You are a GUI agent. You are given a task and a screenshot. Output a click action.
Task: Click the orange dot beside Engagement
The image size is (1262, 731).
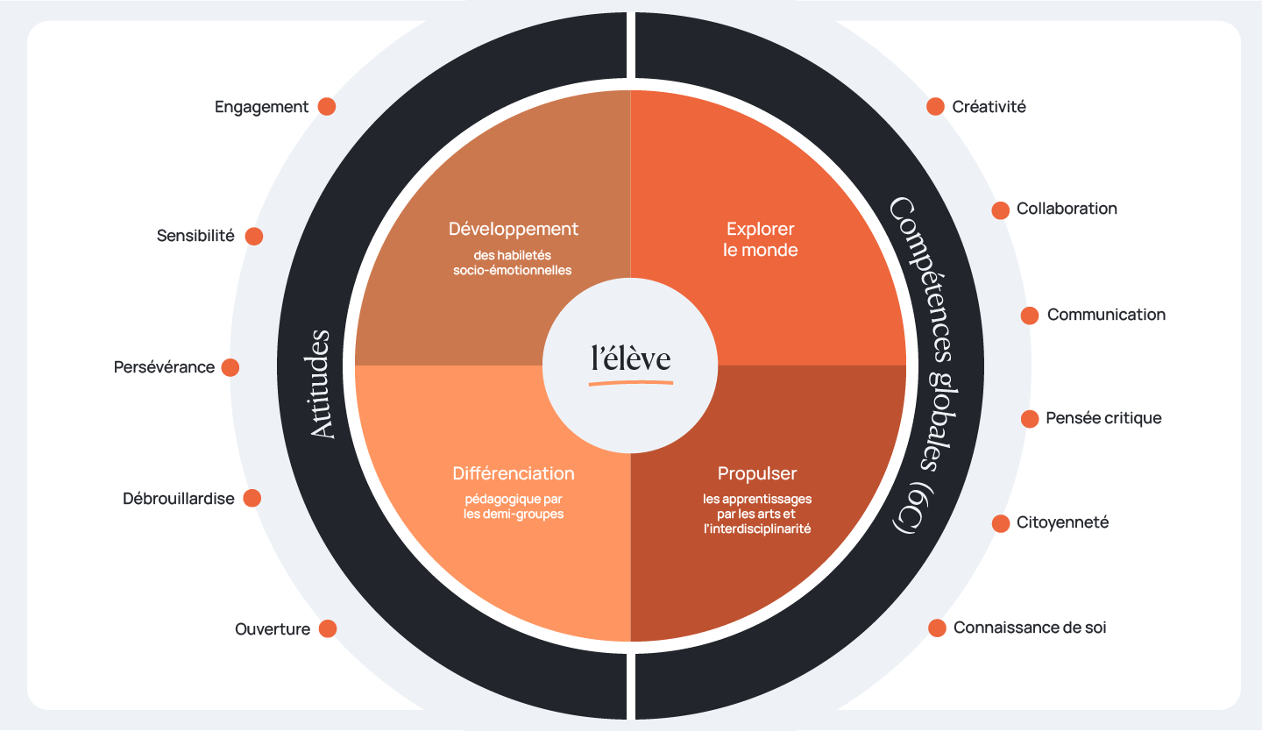point(326,106)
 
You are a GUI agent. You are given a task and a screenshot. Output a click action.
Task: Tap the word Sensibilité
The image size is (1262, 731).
point(195,236)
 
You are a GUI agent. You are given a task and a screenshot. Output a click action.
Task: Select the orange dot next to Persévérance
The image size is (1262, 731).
point(230,367)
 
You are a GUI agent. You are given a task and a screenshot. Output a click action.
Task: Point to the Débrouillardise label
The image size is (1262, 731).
point(179,499)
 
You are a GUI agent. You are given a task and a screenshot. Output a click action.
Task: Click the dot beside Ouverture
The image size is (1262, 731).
point(327,628)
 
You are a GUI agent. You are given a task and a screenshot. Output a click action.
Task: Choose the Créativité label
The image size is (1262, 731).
point(989,107)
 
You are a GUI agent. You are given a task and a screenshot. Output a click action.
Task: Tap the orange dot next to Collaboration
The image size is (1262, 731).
point(1000,210)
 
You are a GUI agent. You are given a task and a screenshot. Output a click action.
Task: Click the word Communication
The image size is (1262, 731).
point(1106,315)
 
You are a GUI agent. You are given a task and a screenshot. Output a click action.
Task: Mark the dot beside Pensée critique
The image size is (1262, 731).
point(1030,419)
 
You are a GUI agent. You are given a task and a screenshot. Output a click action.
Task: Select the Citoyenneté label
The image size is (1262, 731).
point(1062,522)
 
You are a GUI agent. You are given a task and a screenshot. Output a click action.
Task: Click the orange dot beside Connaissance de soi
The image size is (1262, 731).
point(937,628)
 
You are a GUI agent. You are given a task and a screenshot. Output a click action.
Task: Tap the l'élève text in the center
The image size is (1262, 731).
point(630,358)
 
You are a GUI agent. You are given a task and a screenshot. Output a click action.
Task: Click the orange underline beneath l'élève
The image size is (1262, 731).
point(630,383)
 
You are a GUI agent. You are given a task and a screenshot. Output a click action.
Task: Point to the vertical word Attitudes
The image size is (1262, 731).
point(323,384)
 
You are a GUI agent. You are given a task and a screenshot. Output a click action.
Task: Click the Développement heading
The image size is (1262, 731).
point(514,230)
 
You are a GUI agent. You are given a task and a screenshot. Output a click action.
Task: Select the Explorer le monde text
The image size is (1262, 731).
point(761,239)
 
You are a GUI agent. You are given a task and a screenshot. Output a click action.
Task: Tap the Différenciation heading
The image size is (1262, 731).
point(514,473)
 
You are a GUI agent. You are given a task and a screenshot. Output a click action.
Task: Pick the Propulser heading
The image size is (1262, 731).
point(757,473)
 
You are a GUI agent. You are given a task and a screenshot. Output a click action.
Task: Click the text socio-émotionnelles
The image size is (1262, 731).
point(513,270)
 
